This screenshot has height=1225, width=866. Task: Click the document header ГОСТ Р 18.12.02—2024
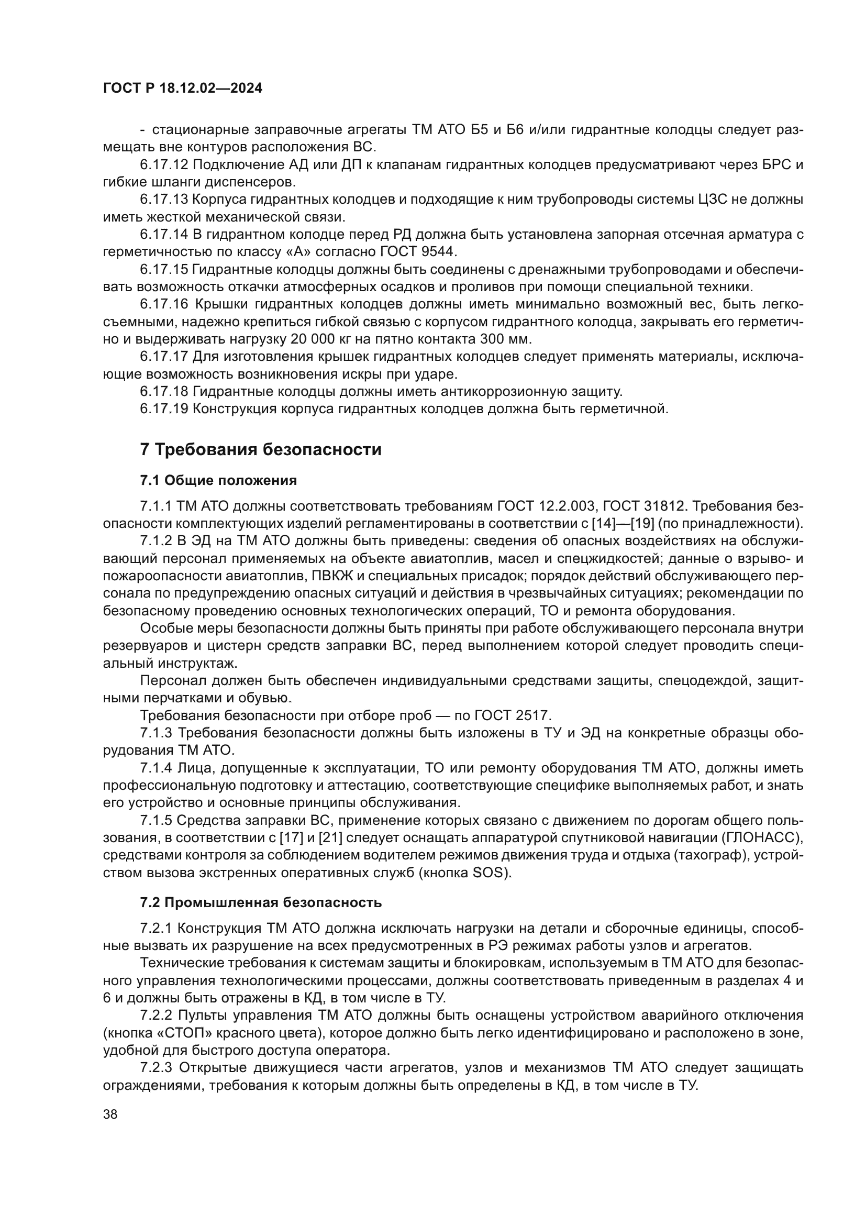click(x=182, y=89)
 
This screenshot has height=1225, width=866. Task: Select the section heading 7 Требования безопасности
click(x=261, y=449)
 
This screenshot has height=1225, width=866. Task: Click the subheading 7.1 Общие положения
click(x=218, y=481)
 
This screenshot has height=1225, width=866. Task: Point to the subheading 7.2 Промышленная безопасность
click(x=261, y=902)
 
